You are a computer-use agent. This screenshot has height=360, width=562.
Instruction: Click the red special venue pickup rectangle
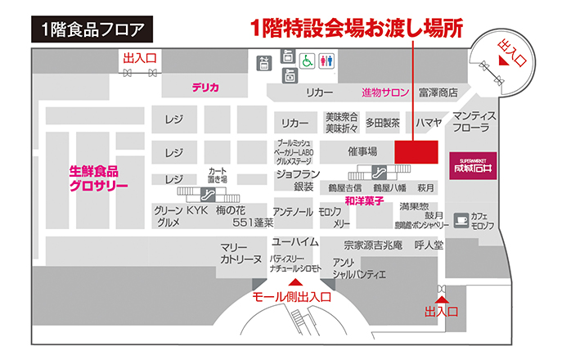coord(417,152)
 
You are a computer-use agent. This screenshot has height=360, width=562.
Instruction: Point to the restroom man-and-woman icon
coord(329,61)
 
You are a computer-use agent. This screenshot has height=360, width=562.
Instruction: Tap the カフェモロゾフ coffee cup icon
coord(462,219)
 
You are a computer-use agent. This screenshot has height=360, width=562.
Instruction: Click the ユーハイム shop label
coord(294,242)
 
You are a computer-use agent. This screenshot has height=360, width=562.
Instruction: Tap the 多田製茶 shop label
coord(381,123)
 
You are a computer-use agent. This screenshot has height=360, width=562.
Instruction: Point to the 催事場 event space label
coord(362,151)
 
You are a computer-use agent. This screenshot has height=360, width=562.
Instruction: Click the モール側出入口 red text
coord(291,297)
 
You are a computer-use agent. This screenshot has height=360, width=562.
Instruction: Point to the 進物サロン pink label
coord(385,92)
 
